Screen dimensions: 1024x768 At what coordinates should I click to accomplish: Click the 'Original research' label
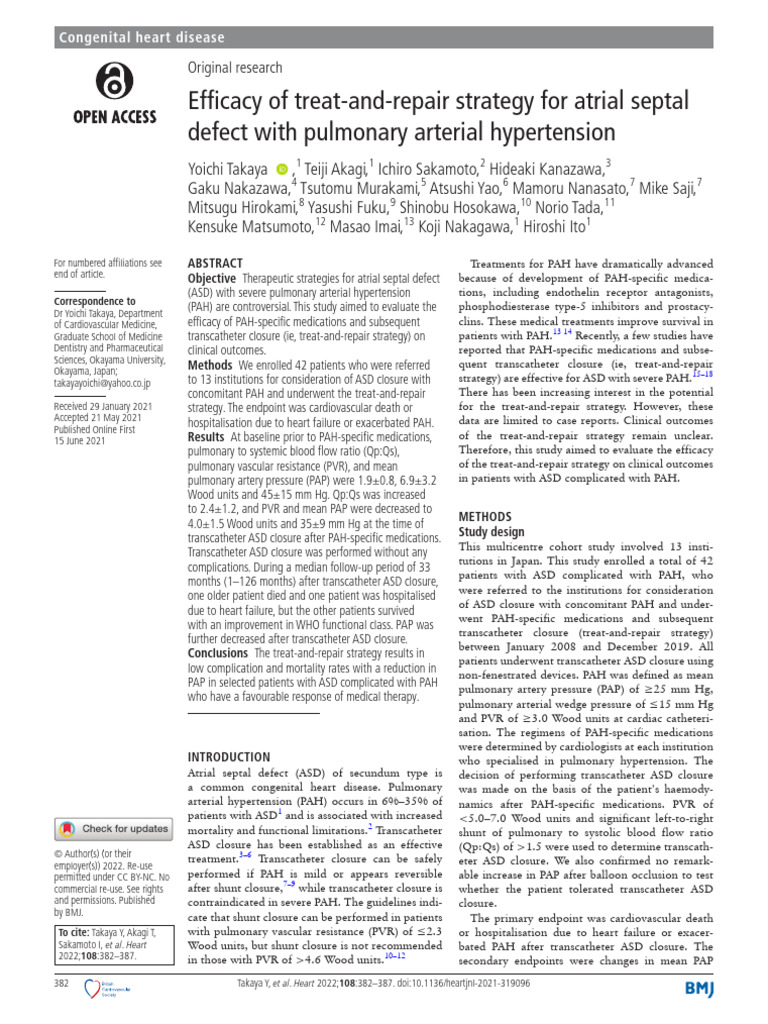point(235,67)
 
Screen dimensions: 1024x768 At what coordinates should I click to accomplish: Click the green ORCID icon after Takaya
point(282,170)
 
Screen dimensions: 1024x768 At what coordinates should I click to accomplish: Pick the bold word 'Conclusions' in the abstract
point(219,653)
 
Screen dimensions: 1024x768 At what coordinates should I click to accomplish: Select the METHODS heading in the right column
point(486,516)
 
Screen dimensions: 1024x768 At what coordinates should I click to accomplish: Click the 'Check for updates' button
point(113,829)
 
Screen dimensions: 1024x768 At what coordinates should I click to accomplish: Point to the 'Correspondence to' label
point(95,300)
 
